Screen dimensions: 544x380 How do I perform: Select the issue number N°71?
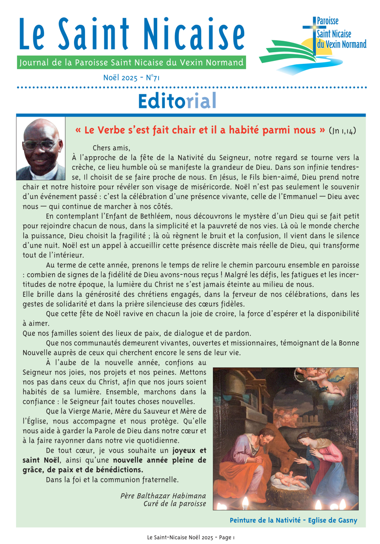tap(153, 77)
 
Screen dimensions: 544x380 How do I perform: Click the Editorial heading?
tap(176, 100)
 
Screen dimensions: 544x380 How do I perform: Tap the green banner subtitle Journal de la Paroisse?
tap(131, 63)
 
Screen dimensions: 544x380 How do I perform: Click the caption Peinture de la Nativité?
tap(294, 521)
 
